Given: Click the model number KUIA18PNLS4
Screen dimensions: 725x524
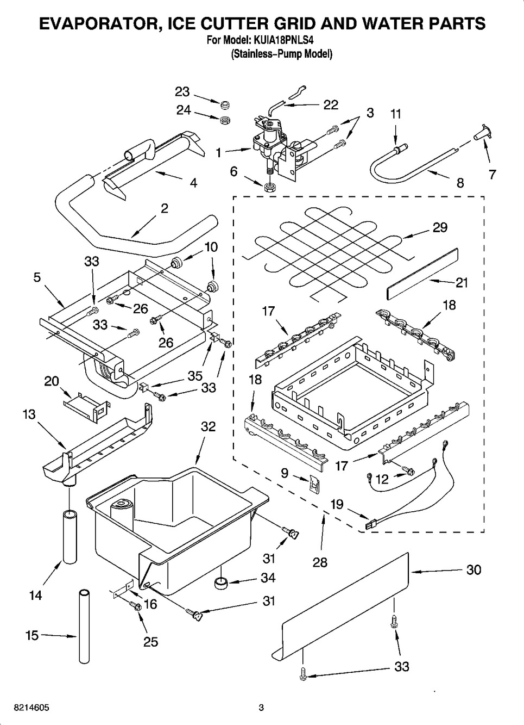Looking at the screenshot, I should pyautogui.click(x=283, y=40).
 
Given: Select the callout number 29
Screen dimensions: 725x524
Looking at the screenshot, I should pyautogui.click(x=440, y=227).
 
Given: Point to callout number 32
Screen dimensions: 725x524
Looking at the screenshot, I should pyautogui.click(x=208, y=426).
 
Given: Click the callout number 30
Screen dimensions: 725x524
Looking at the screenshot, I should pyautogui.click(x=474, y=570).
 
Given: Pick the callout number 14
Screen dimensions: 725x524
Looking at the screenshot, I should pyautogui.click(x=35, y=596).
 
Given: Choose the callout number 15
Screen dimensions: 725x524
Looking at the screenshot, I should pyautogui.click(x=32, y=635).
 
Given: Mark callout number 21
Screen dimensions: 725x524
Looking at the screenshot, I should pyautogui.click(x=462, y=283).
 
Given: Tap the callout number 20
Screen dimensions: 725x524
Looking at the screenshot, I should pyautogui.click(x=52, y=381).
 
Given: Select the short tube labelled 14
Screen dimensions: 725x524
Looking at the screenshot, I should pyautogui.click(x=70, y=536).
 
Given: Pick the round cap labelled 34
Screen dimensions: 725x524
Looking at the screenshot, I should pyautogui.click(x=220, y=584).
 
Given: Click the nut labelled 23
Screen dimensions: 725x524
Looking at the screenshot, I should pyautogui.click(x=223, y=103).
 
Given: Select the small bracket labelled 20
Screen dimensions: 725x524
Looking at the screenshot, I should pyautogui.click(x=85, y=406).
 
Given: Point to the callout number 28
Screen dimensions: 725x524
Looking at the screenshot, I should pyautogui.click(x=320, y=562).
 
